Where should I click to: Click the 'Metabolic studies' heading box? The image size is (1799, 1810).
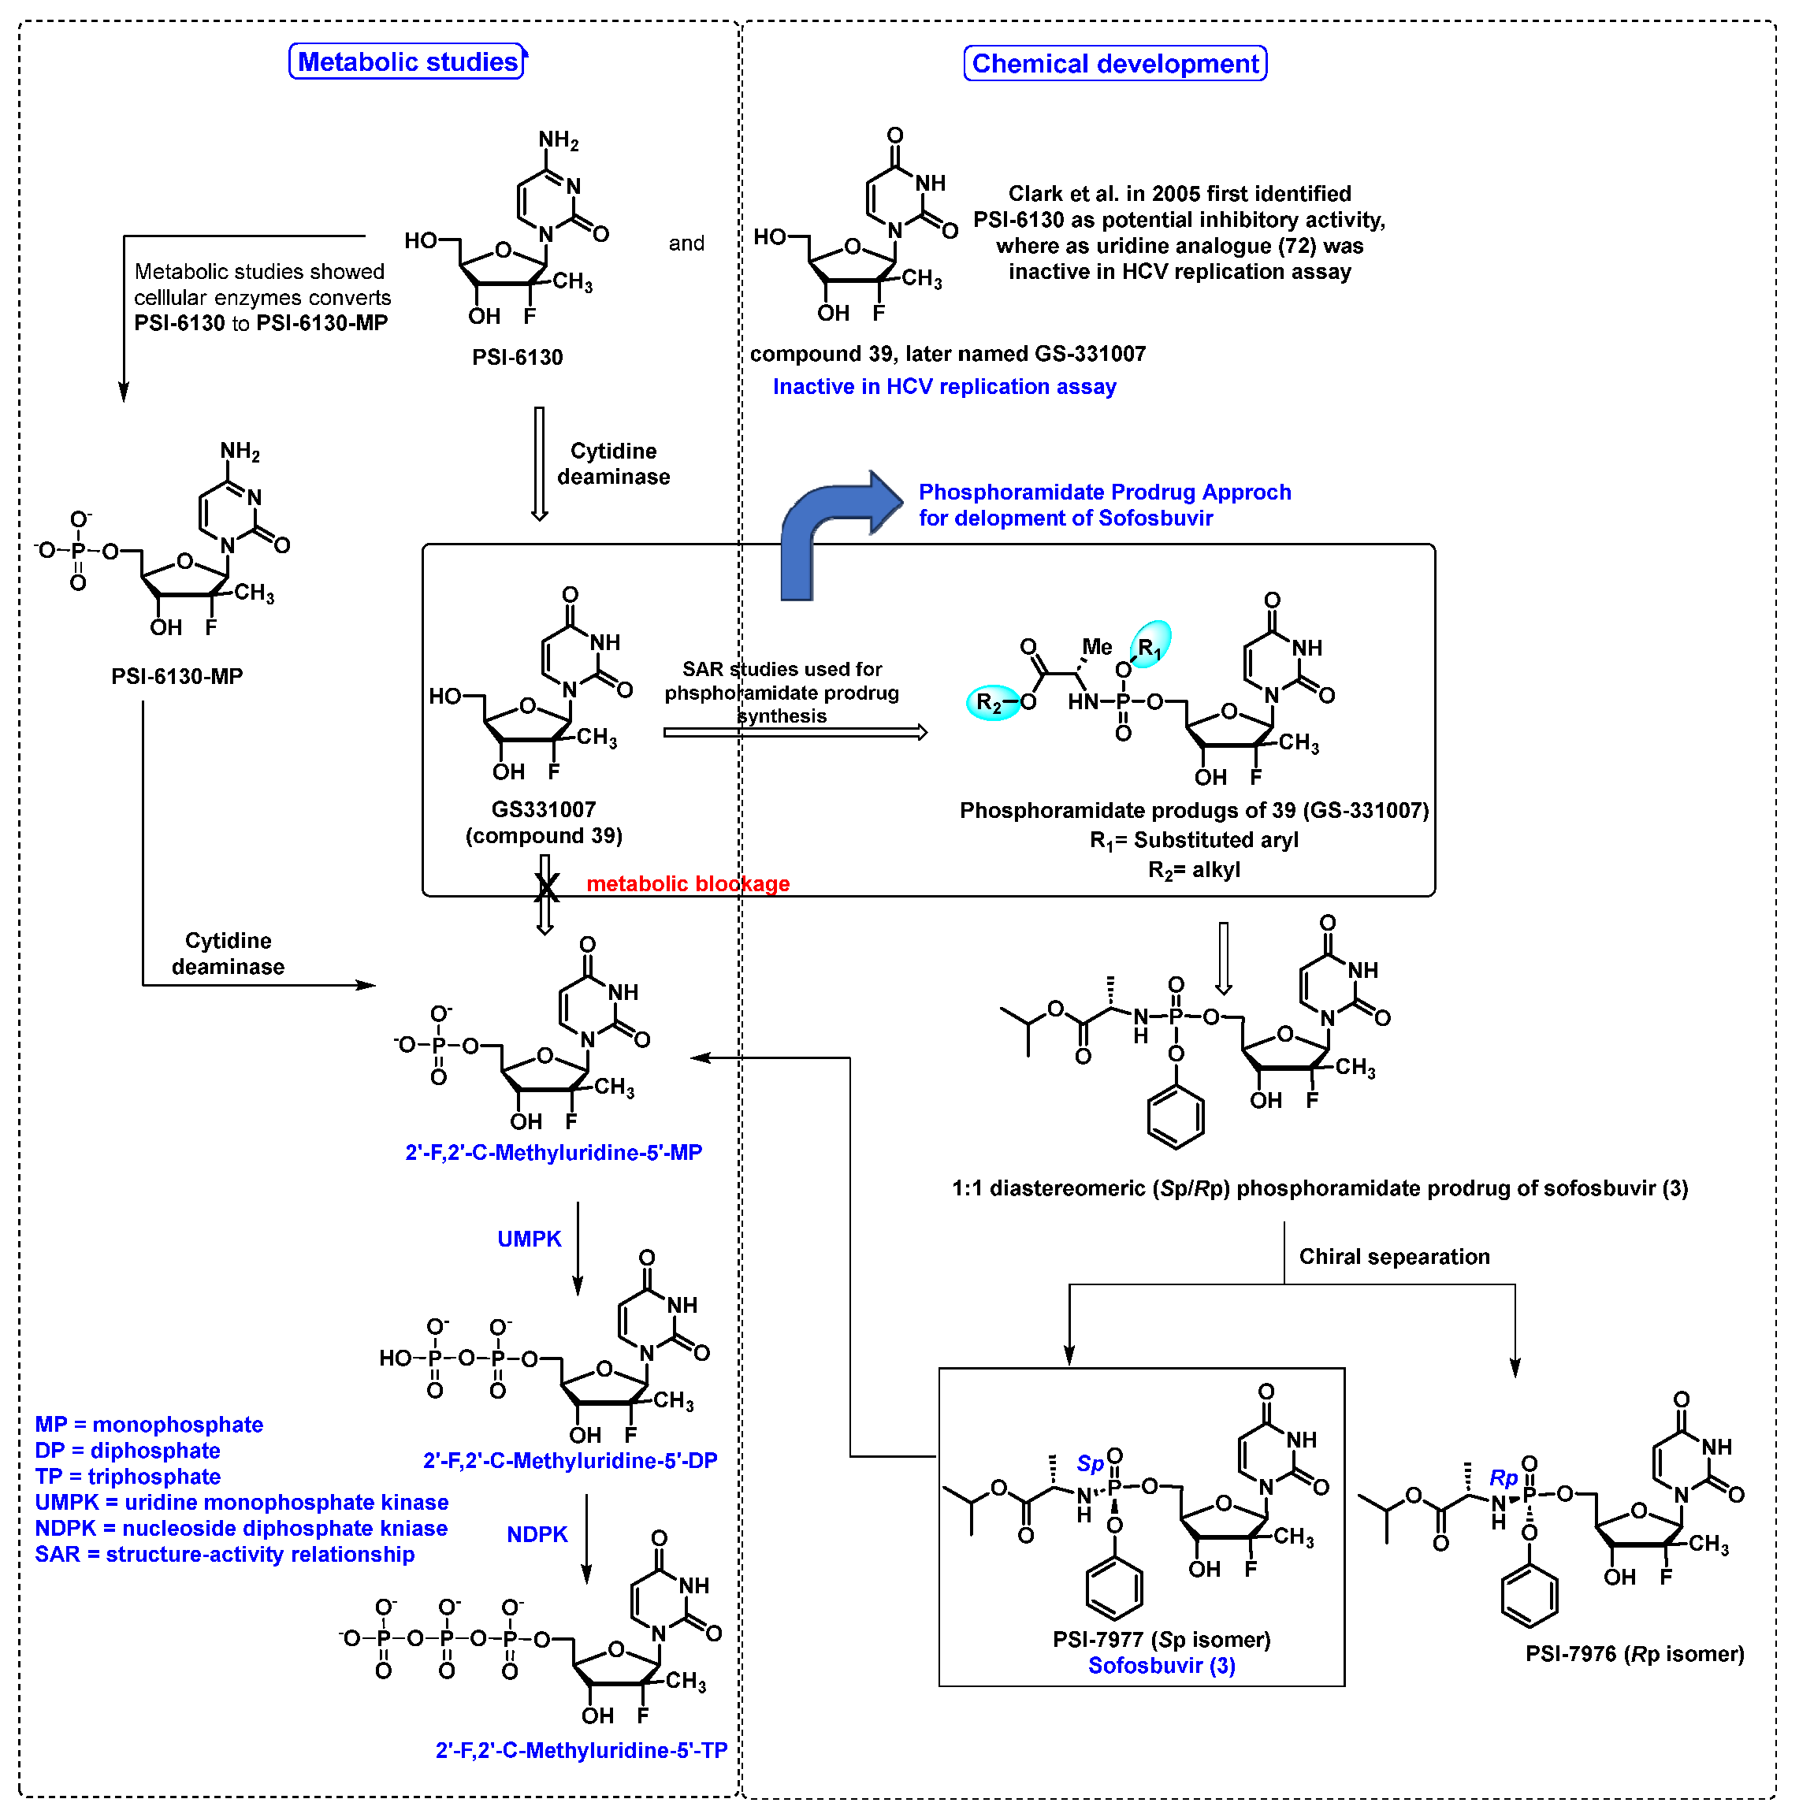[x=407, y=61]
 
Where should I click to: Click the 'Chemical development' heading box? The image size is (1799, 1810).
[x=1114, y=64]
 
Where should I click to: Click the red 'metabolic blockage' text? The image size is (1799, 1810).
[x=688, y=883]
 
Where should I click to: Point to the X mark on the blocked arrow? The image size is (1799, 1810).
[x=546, y=886]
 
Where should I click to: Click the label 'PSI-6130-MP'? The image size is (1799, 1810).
[x=177, y=675]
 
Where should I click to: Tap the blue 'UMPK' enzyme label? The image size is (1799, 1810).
[x=530, y=1239]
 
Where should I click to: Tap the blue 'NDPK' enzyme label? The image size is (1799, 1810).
[x=537, y=1534]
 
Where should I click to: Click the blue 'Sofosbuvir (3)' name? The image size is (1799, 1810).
[x=1161, y=1665]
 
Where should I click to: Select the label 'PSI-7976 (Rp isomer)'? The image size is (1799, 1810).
[x=1634, y=1653]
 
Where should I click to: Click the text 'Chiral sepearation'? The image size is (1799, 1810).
[x=1393, y=1256]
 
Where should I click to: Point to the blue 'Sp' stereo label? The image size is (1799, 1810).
[x=1090, y=1463]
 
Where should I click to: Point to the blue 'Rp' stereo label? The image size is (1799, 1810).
[x=1503, y=1478]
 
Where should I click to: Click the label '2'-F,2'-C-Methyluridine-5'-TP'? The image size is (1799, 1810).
[x=581, y=1750]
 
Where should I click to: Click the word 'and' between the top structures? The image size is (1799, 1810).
[x=686, y=243]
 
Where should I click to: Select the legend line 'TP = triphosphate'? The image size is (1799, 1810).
[x=128, y=1477]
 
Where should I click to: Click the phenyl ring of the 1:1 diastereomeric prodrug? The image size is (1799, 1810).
[x=1175, y=1117]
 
